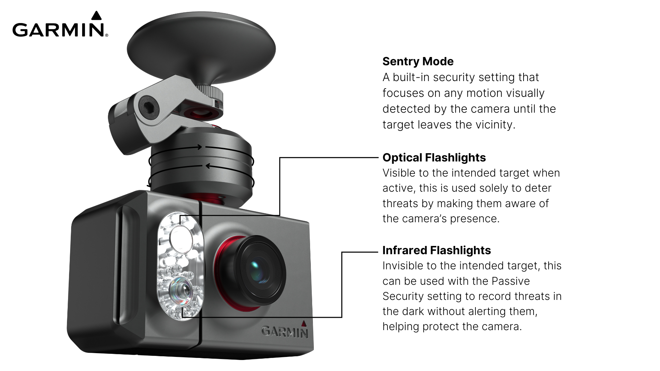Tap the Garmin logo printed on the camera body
point(284,332)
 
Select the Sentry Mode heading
point(418,61)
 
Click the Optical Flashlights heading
point(434,158)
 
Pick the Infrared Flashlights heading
point(436,250)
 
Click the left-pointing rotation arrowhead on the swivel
point(208,166)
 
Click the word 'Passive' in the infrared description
point(510,281)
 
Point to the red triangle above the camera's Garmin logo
point(304,323)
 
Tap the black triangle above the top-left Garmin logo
point(97,15)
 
